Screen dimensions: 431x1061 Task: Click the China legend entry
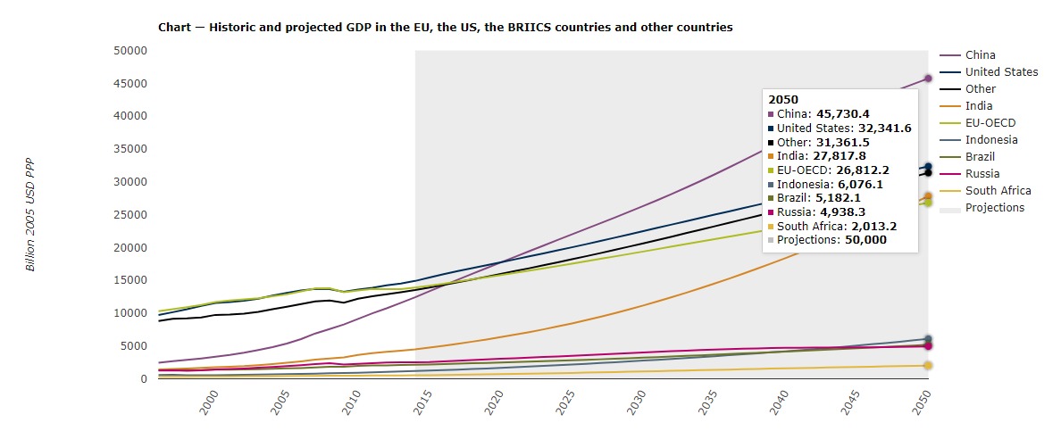(980, 55)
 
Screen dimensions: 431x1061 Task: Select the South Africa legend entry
(998, 191)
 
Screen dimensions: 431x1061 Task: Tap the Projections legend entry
(995, 208)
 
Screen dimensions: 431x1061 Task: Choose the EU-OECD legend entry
(990, 123)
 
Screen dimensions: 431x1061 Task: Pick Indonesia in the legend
(991, 140)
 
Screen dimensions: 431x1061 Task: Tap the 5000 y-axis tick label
(133, 346)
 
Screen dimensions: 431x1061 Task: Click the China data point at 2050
(928, 79)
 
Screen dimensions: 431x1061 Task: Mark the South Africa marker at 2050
(928, 366)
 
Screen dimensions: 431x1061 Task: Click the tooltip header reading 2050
(783, 100)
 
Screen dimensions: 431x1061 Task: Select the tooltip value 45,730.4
(843, 114)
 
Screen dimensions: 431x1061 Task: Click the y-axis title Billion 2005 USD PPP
(29, 215)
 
